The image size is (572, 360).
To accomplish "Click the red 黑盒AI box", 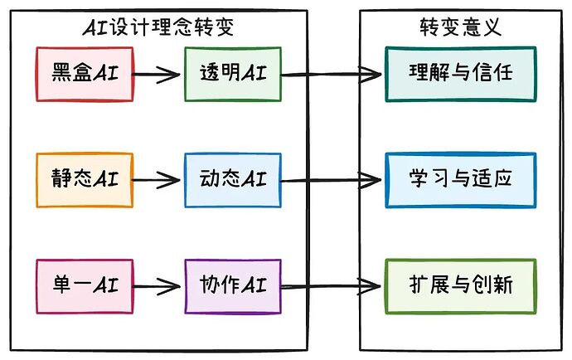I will [85, 74].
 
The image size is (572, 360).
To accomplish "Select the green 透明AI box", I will [233, 74].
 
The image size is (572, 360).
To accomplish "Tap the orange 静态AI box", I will [85, 179].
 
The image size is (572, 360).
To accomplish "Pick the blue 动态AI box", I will [233, 179].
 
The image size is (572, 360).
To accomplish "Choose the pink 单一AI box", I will [85, 286].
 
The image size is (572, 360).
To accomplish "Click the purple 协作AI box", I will [233, 286].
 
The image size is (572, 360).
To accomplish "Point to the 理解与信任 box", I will [460, 74].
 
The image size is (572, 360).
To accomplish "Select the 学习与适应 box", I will [460, 179].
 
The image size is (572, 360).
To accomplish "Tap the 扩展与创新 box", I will [460, 286].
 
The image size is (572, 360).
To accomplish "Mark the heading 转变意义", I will [460, 28].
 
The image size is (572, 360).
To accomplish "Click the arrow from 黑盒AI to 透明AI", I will [158, 75].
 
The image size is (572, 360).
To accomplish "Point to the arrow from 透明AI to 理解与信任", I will [332, 75].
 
